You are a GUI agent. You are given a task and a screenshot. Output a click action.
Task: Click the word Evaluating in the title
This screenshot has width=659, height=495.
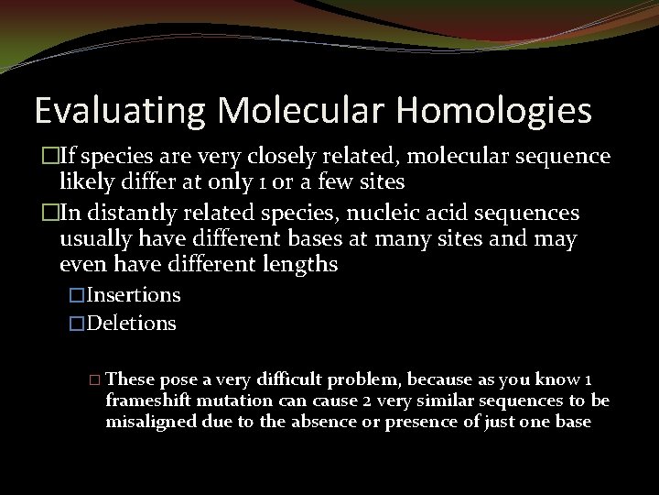tap(116, 111)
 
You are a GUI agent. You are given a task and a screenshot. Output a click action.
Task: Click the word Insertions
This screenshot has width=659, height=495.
tap(134, 295)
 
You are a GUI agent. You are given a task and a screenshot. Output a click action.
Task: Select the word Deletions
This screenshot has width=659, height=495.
tap(132, 324)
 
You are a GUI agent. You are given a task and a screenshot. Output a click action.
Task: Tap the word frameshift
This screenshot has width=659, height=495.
tap(148, 401)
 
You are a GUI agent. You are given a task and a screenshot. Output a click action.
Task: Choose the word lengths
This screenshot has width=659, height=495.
tap(297, 265)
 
